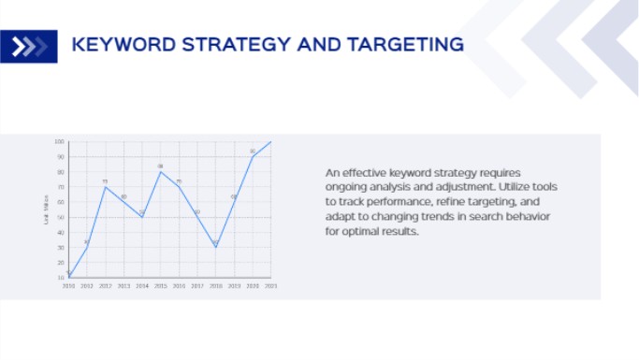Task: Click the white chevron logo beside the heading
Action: pyautogui.click(x=29, y=46)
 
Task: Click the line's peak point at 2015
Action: pyautogui.click(x=160, y=172)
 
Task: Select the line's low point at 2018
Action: pyautogui.click(x=215, y=247)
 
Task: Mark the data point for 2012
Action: pyautogui.click(x=105, y=187)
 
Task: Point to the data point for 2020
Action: pyautogui.click(x=252, y=157)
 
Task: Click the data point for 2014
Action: pyautogui.click(x=142, y=217)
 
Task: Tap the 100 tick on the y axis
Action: pyautogui.click(x=59, y=142)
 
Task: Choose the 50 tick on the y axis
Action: pyautogui.click(x=60, y=217)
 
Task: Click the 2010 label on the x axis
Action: pyautogui.click(x=68, y=285)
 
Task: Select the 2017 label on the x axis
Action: pyautogui.click(x=196, y=285)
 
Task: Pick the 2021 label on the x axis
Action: pyautogui.click(x=270, y=285)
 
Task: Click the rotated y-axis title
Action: pyautogui.click(x=46, y=209)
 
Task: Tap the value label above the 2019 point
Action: pyautogui.click(x=234, y=196)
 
